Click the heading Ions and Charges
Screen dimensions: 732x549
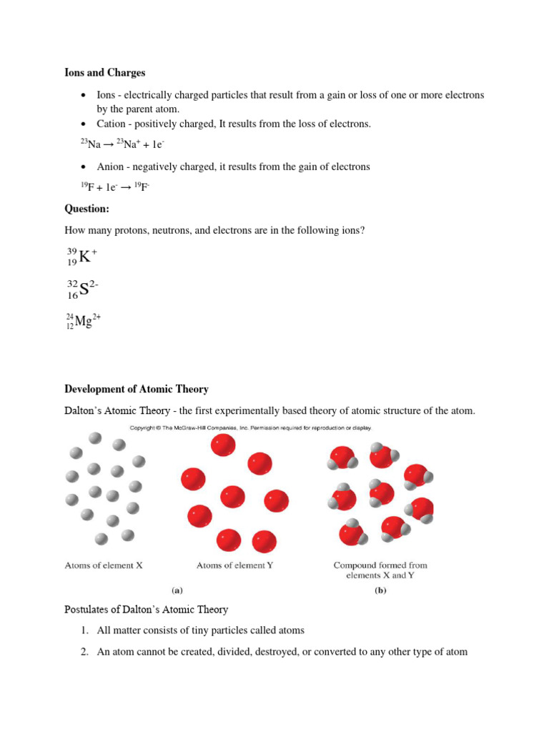[105, 73]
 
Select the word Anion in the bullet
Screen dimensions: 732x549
[112, 167]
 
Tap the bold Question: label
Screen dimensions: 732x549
[87, 209]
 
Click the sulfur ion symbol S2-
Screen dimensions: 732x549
[83, 289]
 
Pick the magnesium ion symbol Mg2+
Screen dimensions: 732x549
[84, 321]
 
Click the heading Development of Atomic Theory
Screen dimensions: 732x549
[137, 390]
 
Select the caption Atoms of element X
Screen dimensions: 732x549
[104, 565]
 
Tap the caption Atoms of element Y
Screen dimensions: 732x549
[234, 565]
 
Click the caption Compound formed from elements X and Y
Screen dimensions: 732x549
[380, 570]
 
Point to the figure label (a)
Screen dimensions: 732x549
[177, 591]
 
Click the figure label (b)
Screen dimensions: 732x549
[380, 591]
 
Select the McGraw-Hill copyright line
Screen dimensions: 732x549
[250, 428]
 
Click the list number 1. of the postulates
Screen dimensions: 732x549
[84, 630]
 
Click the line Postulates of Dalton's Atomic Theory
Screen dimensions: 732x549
[147, 610]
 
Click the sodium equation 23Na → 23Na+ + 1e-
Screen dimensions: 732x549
[123, 144]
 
